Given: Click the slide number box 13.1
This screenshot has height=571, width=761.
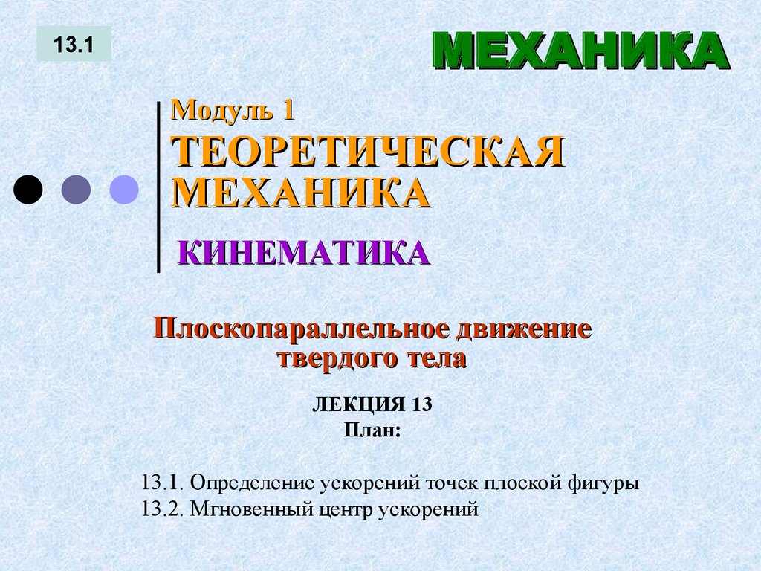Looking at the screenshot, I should coord(74,44).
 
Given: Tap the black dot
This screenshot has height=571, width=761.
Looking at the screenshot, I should coord(28,190).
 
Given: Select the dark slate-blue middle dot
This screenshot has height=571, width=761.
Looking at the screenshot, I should coord(76,190).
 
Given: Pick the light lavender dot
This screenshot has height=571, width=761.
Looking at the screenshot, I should coord(124,190).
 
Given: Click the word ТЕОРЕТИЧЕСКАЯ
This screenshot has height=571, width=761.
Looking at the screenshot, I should coord(368,152).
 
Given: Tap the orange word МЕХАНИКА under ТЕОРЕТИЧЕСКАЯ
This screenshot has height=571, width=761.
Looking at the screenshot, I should coord(302,192).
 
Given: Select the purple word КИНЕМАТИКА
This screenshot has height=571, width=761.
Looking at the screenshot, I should coord(304,253).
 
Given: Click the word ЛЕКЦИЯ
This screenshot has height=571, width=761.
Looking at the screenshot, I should coord(355,406).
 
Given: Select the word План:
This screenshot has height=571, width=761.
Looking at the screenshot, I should coord(372,430).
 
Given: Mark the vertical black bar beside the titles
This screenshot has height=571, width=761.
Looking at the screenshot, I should coord(158,186).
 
